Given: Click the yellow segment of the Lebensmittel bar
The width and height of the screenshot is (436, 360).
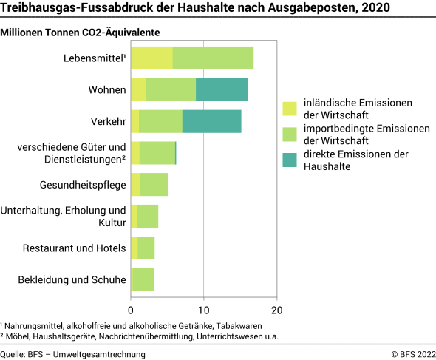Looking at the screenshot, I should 151,58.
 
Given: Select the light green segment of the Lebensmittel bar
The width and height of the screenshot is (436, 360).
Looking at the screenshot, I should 213,58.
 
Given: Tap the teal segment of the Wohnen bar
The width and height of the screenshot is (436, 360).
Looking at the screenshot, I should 222,89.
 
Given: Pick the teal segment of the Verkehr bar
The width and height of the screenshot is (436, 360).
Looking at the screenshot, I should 211,121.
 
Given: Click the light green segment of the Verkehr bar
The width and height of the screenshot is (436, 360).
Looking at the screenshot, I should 160,121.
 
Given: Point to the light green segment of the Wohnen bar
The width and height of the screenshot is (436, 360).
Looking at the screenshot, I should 171,89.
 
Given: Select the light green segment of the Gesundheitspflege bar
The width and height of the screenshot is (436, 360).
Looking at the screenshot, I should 154,185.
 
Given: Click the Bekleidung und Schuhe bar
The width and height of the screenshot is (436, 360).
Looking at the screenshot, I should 143,280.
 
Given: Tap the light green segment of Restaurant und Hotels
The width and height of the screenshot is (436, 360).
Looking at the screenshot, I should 146,248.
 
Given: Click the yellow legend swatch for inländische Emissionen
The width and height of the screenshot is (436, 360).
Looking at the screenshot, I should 289,109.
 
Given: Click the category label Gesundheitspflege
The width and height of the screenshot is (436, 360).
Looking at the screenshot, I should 82,185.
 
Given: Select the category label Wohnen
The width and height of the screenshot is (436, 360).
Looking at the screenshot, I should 108,89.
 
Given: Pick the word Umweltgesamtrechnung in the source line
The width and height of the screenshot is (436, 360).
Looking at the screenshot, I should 103,354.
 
